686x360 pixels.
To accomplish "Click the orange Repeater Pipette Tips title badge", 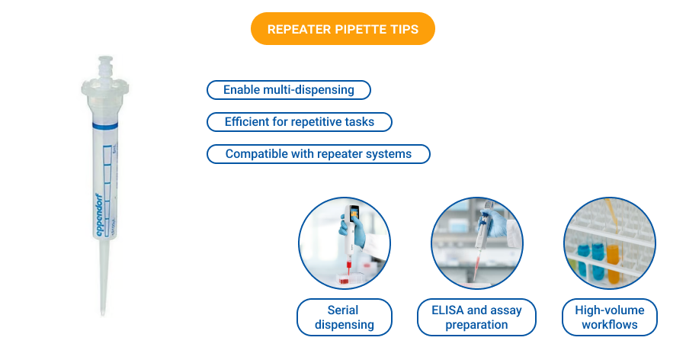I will click(x=343, y=29).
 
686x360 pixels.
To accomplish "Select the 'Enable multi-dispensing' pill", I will click(x=288, y=90).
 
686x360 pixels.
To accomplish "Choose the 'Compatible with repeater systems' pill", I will click(x=318, y=154).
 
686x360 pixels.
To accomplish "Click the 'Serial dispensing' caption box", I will click(x=344, y=317).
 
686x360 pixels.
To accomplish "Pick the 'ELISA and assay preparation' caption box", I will click(x=476, y=317).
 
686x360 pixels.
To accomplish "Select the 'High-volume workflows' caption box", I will click(x=609, y=317).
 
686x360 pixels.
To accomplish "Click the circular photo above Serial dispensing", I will click(x=344, y=243).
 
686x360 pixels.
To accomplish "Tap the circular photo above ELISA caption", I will click(x=476, y=243).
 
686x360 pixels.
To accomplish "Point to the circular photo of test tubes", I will click(x=609, y=243).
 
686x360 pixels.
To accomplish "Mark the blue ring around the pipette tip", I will click(x=101, y=123).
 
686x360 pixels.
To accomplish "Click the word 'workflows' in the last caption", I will click(x=609, y=325).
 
